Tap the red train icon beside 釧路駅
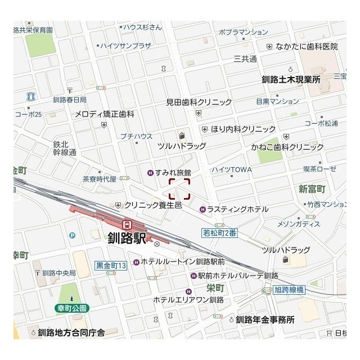coord(128,224)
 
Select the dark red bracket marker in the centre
coord(179,188)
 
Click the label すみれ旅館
coord(173,172)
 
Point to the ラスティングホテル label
coord(237,209)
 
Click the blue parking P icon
coord(72,235)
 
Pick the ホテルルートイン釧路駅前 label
coord(182,262)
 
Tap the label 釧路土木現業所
coord(291,79)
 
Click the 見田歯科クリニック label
coord(199,102)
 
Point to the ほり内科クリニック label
coord(243,129)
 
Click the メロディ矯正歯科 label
coord(105,114)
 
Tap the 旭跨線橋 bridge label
coord(289,290)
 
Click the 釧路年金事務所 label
coord(265,319)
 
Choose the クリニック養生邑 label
coord(152,205)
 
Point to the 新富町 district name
coord(312,188)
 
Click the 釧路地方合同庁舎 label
coord(71,332)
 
